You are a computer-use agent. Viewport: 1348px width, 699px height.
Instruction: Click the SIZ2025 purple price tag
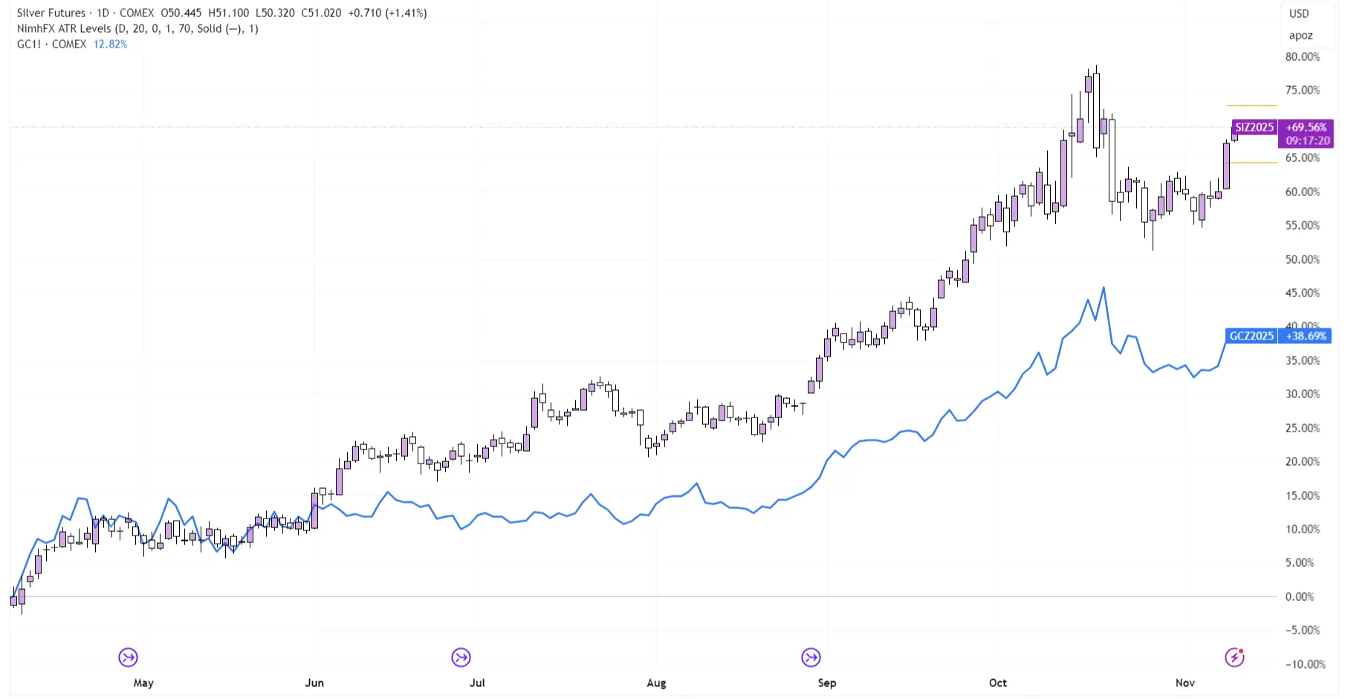[x=1254, y=127]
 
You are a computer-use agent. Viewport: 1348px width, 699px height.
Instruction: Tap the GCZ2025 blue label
[x=1251, y=336]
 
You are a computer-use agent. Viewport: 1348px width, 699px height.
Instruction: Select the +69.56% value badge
[x=1306, y=127]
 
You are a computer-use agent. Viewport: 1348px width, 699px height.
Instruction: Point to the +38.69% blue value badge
[x=1306, y=336]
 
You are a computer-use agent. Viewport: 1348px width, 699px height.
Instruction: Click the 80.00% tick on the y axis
[x=1303, y=56]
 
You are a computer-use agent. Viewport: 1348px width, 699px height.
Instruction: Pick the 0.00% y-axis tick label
[x=1300, y=596]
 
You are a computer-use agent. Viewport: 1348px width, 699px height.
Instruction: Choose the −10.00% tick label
[x=1305, y=664]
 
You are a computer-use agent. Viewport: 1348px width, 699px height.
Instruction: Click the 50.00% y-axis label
[x=1303, y=259]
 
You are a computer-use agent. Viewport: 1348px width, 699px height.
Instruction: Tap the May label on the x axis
[x=143, y=683]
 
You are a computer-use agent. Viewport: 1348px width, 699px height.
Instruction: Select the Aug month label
[x=656, y=683]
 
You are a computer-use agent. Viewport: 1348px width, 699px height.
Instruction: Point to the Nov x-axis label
[x=1185, y=683]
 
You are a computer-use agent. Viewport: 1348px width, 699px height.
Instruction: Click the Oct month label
[x=998, y=683]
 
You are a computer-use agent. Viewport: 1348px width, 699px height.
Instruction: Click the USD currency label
[x=1299, y=13]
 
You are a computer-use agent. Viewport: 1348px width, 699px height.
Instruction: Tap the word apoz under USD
[x=1300, y=35]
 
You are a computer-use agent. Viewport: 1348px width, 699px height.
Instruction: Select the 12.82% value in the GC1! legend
[x=110, y=44]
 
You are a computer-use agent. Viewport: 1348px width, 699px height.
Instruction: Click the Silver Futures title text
[x=51, y=13]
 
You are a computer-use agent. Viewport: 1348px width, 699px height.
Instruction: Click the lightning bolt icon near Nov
[x=1234, y=657]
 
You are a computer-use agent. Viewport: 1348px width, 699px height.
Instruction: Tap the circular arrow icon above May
[x=128, y=657]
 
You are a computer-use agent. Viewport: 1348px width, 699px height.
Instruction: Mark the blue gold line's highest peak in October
[x=1104, y=287]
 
